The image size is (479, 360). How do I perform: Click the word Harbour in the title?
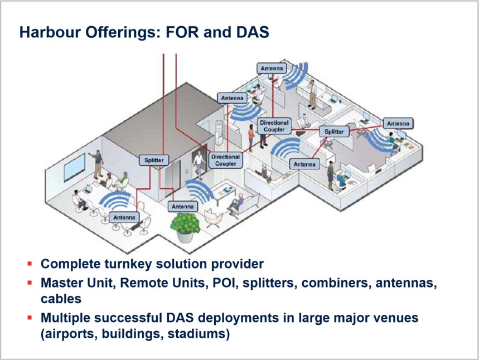click(x=50, y=32)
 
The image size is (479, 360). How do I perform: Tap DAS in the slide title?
click(x=253, y=32)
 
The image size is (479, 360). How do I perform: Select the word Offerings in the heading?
click(x=123, y=33)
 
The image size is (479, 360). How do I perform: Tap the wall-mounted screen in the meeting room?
click(x=75, y=167)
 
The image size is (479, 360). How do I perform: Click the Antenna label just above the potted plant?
click(x=183, y=207)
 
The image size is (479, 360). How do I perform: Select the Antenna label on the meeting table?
click(x=124, y=217)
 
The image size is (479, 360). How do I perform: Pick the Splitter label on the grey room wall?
click(x=154, y=160)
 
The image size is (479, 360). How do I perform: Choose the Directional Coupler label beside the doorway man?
click(x=226, y=160)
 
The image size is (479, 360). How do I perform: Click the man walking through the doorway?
click(x=199, y=165)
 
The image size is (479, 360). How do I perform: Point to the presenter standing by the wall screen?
click(x=98, y=164)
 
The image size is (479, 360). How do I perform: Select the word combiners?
click(x=336, y=283)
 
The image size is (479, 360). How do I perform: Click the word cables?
click(x=61, y=299)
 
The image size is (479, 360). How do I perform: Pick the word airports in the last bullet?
click(x=69, y=334)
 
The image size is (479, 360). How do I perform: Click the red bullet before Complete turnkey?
click(x=30, y=264)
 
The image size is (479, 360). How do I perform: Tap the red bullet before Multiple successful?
click(x=30, y=318)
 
